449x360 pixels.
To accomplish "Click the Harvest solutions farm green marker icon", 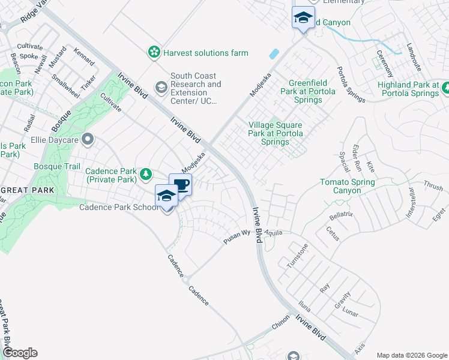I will (155, 53).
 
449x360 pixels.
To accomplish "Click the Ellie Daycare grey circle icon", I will (88, 140).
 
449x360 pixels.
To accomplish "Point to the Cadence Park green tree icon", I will (145, 175).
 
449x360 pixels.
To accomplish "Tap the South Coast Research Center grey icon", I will (160, 88).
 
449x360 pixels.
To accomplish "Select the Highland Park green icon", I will (446, 89).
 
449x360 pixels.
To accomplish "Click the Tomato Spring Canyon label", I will (348, 186).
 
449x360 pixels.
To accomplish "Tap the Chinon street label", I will (280, 323).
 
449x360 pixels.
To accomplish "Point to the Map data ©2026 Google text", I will (411, 355).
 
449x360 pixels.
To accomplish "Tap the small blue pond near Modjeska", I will (274, 54).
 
